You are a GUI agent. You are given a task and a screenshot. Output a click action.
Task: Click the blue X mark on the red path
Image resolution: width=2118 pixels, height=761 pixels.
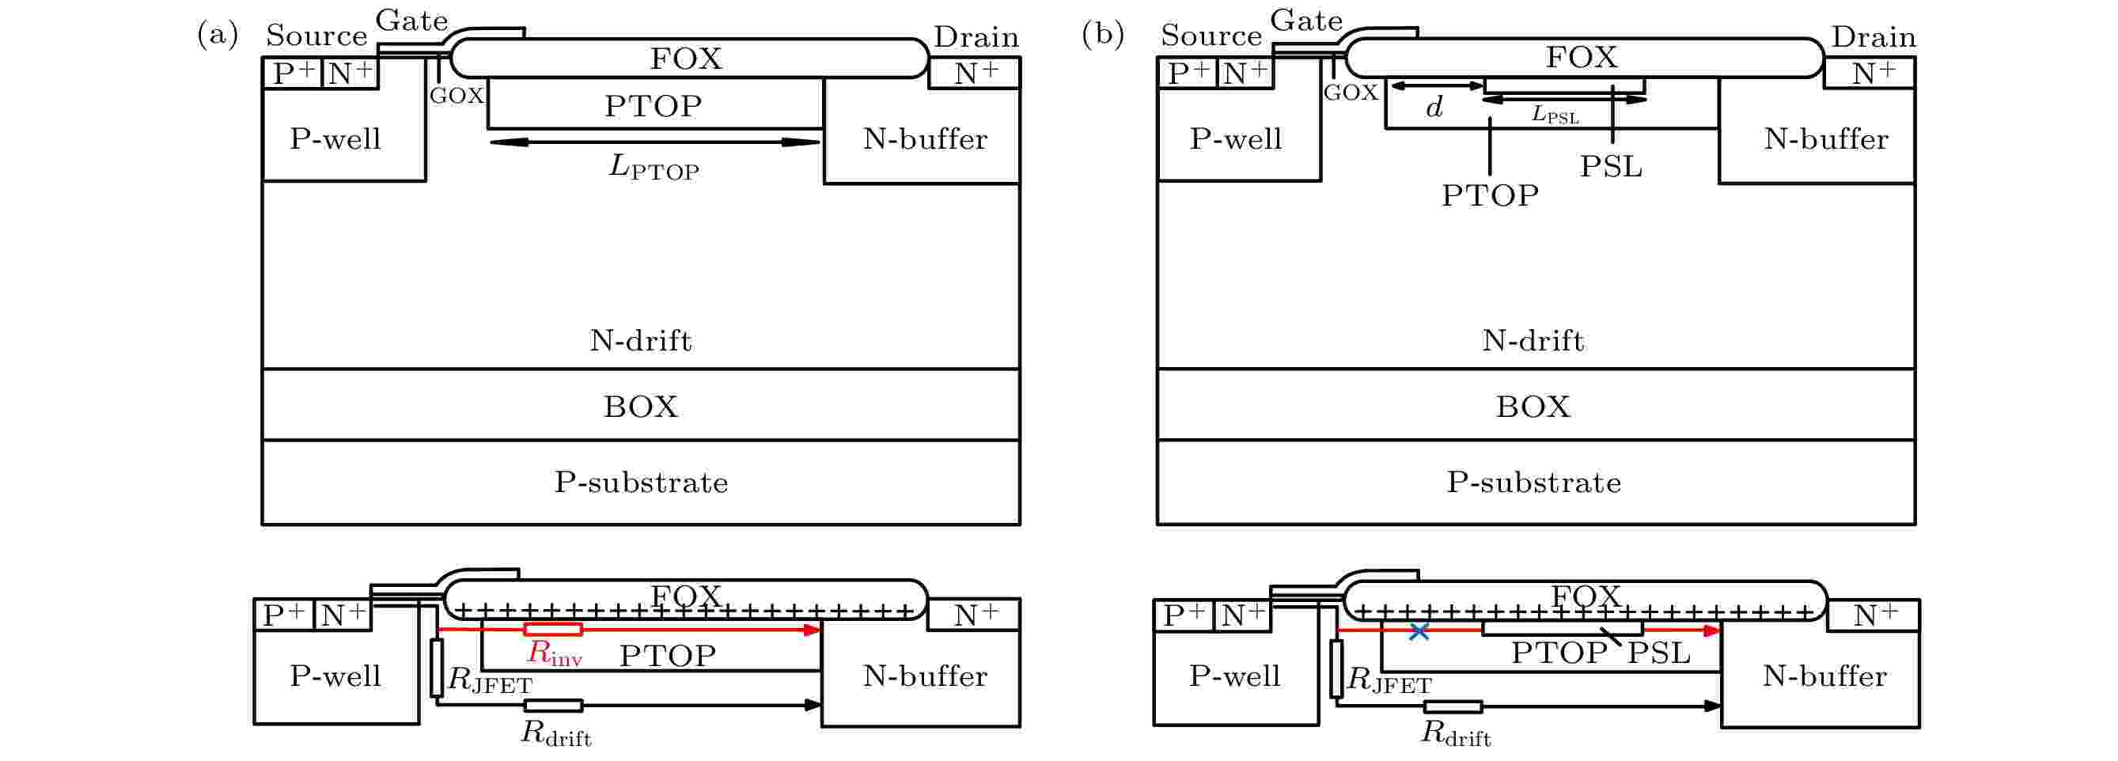pyautogui.click(x=1419, y=632)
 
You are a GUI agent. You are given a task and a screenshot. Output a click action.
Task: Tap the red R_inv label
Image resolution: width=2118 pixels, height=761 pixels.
pyautogui.click(x=554, y=653)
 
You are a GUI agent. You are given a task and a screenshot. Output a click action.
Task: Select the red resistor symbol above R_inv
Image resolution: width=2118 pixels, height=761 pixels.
pyautogui.click(x=553, y=630)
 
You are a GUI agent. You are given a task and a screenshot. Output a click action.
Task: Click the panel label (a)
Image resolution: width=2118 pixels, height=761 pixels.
pyautogui.click(x=218, y=34)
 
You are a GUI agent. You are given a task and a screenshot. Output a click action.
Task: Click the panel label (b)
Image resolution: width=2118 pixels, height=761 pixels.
pyautogui.click(x=1103, y=34)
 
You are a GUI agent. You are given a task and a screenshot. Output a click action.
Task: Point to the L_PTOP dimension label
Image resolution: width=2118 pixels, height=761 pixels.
pyautogui.click(x=654, y=167)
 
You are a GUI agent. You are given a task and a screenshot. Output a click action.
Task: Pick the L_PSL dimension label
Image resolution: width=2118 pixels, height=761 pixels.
pyautogui.click(x=1555, y=114)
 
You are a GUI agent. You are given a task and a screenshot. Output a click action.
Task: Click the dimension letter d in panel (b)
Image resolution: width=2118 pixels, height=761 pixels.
pyautogui.click(x=1434, y=107)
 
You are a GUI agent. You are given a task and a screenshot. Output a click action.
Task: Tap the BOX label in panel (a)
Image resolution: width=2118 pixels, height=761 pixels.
pyautogui.click(x=641, y=407)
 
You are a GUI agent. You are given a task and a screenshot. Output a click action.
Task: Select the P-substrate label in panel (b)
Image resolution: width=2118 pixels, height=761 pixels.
pyautogui.click(x=1534, y=483)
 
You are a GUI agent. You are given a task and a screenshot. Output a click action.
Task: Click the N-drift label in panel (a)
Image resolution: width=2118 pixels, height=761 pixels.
pyautogui.click(x=641, y=340)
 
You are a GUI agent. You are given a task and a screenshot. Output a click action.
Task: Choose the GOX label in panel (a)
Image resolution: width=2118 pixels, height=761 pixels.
pyautogui.click(x=457, y=96)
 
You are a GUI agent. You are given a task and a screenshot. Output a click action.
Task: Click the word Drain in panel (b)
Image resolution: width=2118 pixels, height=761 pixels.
pyautogui.click(x=1874, y=37)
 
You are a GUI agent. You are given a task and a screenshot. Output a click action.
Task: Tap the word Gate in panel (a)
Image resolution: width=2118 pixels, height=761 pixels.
pyautogui.click(x=412, y=20)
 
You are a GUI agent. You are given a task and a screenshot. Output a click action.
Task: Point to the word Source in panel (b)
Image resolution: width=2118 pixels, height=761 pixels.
pyautogui.click(x=1211, y=36)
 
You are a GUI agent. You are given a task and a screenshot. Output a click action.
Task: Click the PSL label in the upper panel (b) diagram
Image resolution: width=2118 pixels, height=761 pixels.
pyautogui.click(x=1611, y=167)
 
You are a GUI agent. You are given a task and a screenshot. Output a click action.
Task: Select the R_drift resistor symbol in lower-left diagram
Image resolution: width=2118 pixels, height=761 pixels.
pyautogui.click(x=553, y=705)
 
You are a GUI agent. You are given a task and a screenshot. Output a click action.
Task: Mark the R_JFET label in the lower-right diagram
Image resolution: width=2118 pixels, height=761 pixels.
pyautogui.click(x=1389, y=680)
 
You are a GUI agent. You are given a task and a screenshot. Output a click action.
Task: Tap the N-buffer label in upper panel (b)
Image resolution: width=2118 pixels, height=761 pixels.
pyautogui.click(x=1825, y=139)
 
